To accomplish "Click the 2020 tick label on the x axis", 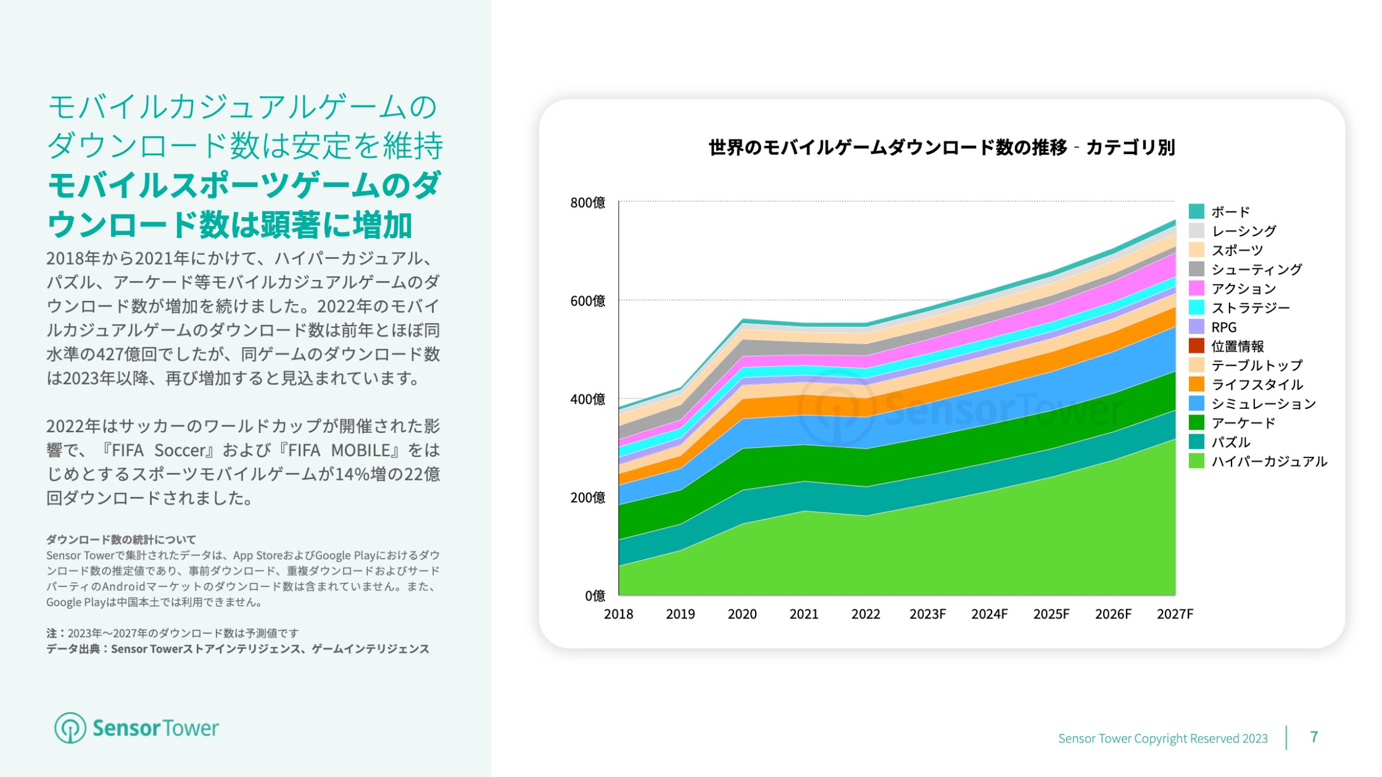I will [x=742, y=614].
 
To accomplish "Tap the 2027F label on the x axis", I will [x=1175, y=614].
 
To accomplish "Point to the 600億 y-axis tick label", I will [x=587, y=301].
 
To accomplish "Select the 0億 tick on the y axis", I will [x=595, y=596].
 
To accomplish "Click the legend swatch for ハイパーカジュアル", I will [x=1196, y=461].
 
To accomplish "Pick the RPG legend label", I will [x=1223, y=327].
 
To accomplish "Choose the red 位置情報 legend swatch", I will [x=1196, y=346].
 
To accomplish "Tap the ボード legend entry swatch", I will [x=1196, y=212].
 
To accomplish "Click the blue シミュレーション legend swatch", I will [x=1196, y=403].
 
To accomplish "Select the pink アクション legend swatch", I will [x=1196, y=288].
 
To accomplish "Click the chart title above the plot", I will [x=941, y=148].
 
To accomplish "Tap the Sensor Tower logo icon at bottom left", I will [x=70, y=728].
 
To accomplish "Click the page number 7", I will [x=1314, y=737].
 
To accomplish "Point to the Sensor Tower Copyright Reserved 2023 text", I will [x=1162, y=738].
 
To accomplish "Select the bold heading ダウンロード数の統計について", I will [x=121, y=540].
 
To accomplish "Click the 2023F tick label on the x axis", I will [x=927, y=614].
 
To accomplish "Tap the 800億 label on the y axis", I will [x=587, y=203].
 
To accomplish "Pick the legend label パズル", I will [x=1231, y=442].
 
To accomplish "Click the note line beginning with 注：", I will [x=172, y=633].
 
